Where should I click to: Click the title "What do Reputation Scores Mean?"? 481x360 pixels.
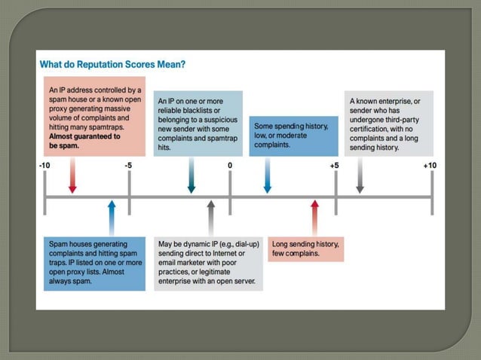[x=112, y=64]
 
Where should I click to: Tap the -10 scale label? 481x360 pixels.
[x=44, y=166]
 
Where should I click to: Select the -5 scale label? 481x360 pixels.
[x=128, y=166]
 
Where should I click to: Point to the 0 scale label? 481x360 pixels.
[x=230, y=166]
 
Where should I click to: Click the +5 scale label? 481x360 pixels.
[x=335, y=166]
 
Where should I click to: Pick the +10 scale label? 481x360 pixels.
[x=430, y=166]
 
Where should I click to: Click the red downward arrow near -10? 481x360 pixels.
[x=72, y=175]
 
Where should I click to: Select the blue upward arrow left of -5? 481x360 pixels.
[x=112, y=218]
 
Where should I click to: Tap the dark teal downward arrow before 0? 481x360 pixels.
[x=191, y=175]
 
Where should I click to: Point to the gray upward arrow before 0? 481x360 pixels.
[x=211, y=218]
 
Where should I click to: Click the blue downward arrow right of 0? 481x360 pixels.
[x=268, y=175]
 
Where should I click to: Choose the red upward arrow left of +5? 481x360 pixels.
[x=314, y=218]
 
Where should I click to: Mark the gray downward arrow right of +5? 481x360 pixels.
[x=360, y=175]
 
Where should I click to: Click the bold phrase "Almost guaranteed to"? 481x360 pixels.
[x=84, y=136]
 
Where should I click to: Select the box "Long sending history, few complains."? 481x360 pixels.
[x=306, y=249]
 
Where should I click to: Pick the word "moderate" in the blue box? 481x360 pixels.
[x=292, y=136]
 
